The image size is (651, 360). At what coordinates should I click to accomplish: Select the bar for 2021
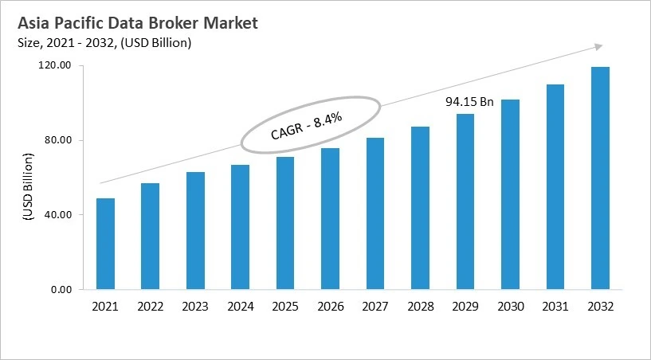pyautogui.click(x=105, y=244)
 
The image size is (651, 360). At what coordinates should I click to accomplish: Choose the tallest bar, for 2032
pyautogui.click(x=600, y=178)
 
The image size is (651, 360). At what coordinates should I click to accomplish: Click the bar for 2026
pyautogui.click(x=330, y=219)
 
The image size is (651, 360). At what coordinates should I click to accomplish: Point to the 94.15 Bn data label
pyautogui.click(x=469, y=102)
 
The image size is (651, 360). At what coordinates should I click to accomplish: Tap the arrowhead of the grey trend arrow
pyautogui.click(x=597, y=46)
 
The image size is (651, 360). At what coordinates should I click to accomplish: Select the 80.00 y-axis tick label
pyautogui.click(x=60, y=140)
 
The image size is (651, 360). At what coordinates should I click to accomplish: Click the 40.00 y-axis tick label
pyautogui.click(x=60, y=215)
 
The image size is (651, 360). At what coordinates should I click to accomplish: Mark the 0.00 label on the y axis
pyautogui.click(x=62, y=289)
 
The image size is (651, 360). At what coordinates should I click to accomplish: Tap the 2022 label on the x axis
pyautogui.click(x=150, y=307)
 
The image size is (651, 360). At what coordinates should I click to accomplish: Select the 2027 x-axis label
pyautogui.click(x=375, y=307)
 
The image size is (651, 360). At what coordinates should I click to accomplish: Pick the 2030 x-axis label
pyautogui.click(x=510, y=307)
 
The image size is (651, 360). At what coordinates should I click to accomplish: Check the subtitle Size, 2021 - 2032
pyautogui.click(x=104, y=43)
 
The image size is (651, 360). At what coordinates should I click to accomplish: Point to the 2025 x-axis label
pyautogui.click(x=285, y=307)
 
